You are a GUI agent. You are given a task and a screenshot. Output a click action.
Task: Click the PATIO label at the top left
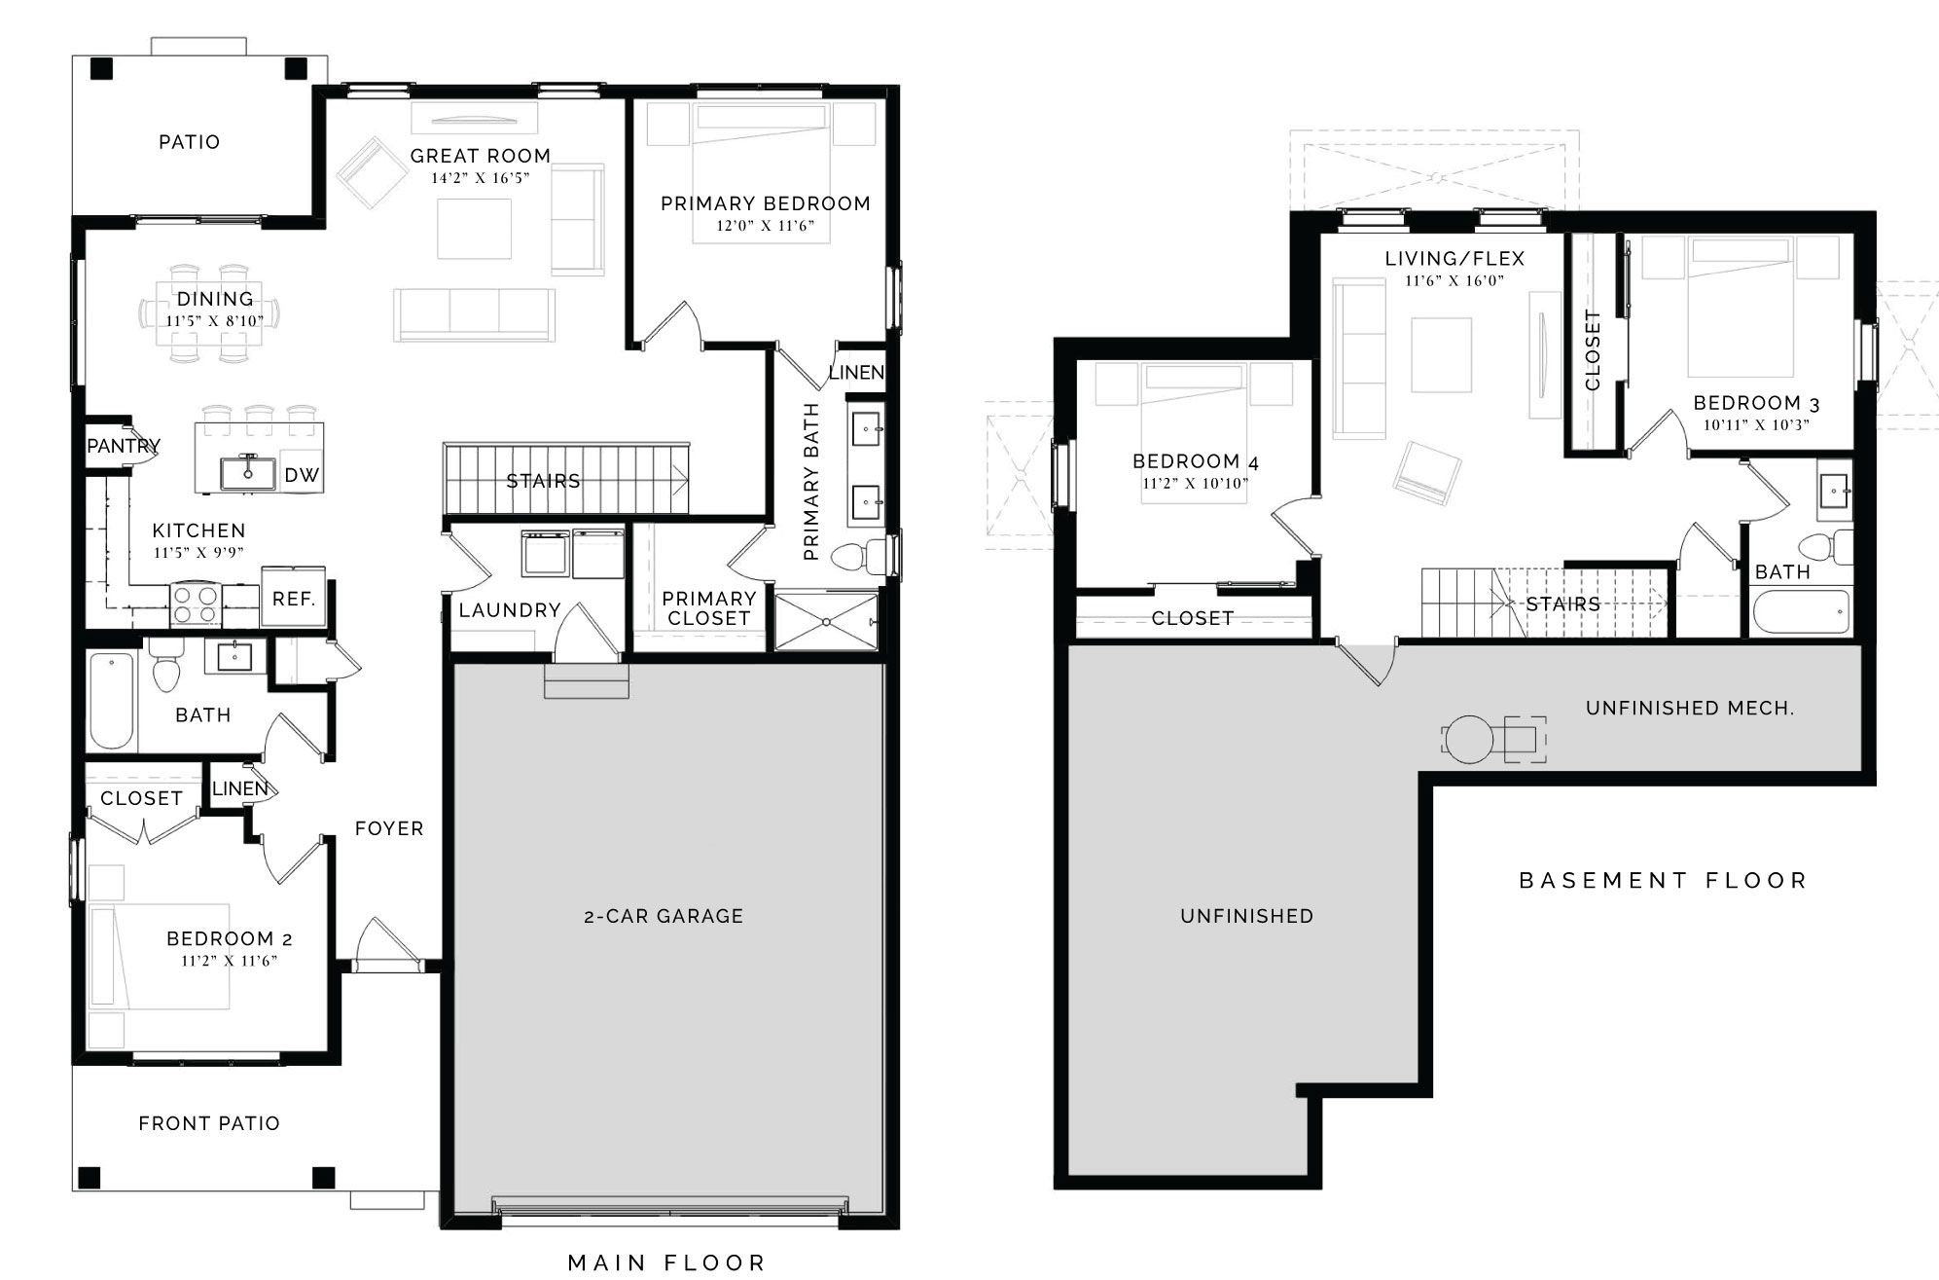189,142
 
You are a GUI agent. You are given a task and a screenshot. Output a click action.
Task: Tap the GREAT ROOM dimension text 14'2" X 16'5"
481,178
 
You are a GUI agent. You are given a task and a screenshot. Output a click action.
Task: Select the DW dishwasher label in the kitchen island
302,475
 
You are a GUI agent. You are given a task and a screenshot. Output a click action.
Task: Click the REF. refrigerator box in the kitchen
293,598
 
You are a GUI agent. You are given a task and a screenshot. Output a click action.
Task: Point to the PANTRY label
124,446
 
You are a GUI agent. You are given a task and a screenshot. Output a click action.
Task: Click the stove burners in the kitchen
196,603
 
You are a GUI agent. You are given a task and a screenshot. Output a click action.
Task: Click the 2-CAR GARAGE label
664,916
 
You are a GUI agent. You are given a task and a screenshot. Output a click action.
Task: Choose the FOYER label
389,828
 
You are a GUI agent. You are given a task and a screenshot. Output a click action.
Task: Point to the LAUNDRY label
510,610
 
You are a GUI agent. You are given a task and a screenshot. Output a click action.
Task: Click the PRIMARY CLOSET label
709,608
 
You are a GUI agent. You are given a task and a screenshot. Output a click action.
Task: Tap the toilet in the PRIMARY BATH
862,556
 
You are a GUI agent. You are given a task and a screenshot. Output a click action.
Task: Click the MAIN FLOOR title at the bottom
666,1262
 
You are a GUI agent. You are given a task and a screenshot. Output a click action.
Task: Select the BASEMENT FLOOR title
1663,881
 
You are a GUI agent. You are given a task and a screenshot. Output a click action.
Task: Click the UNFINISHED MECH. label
1690,709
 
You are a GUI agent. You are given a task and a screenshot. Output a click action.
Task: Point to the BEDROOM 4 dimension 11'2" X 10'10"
1195,483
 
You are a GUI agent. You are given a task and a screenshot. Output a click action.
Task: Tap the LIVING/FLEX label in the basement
1454,259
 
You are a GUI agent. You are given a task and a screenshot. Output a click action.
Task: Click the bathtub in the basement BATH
1801,613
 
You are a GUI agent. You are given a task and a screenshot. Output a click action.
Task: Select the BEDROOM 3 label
1756,403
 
